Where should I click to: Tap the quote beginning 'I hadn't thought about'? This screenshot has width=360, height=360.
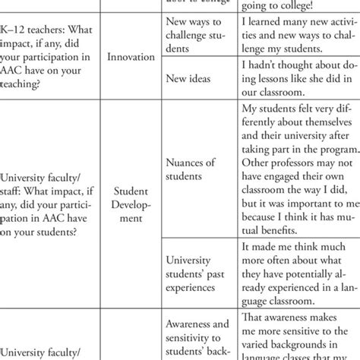coord(297,77)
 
